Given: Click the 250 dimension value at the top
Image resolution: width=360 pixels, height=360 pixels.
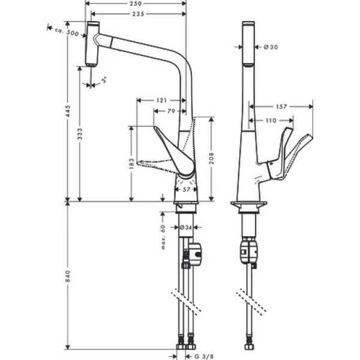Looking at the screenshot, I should [x=136, y=4].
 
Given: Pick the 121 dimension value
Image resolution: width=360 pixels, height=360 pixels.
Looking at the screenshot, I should [x=161, y=101].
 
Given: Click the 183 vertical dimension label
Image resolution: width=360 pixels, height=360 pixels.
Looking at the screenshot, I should [x=131, y=163].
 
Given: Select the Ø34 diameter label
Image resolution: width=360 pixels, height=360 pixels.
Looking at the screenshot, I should [x=185, y=227].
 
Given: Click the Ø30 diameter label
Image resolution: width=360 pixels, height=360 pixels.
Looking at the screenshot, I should [x=269, y=47].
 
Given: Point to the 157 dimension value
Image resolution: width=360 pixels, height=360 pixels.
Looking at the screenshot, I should [x=281, y=107].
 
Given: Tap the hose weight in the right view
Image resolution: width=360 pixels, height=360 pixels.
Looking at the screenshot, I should [x=248, y=252].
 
